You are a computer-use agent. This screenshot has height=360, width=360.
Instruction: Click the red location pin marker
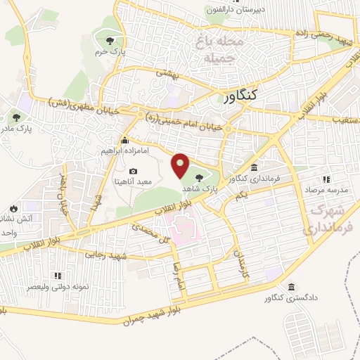[180, 166]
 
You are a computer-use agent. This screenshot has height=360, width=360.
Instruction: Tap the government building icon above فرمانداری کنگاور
[253, 168]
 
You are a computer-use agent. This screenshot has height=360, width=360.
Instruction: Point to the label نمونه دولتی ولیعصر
[52, 288]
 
